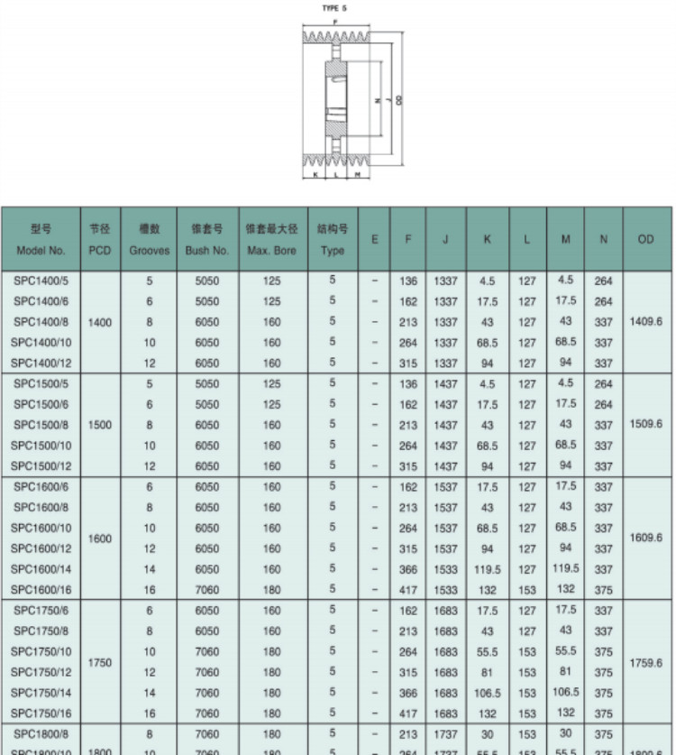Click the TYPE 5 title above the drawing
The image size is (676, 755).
pyautogui.click(x=334, y=7)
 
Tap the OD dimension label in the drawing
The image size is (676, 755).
pyautogui.click(x=397, y=99)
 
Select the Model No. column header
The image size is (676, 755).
pyautogui.click(x=41, y=239)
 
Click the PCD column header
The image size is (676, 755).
pyautogui.click(x=99, y=239)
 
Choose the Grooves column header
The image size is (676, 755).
pyautogui.click(x=149, y=239)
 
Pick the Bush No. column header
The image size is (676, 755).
pyautogui.click(x=207, y=239)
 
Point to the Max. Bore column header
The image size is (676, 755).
pyautogui.click(x=271, y=239)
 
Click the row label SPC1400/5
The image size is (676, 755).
pyautogui.click(x=41, y=281)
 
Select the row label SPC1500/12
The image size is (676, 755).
pyautogui.click(x=41, y=466)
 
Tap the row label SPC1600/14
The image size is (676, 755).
pyautogui.click(x=41, y=569)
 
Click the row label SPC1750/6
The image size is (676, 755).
pyautogui.click(x=41, y=611)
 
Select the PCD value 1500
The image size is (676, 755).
pyautogui.click(x=99, y=425)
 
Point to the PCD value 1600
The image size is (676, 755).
pyautogui.click(x=99, y=539)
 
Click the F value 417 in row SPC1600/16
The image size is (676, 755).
pyautogui.click(x=407, y=590)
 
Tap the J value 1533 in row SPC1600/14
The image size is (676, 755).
pyautogui.click(x=445, y=569)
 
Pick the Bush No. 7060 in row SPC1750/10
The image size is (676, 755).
pyautogui.click(x=207, y=652)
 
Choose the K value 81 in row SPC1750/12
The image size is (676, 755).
pyautogui.click(x=488, y=672)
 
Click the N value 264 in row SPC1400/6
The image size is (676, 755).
pyautogui.click(x=603, y=301)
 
